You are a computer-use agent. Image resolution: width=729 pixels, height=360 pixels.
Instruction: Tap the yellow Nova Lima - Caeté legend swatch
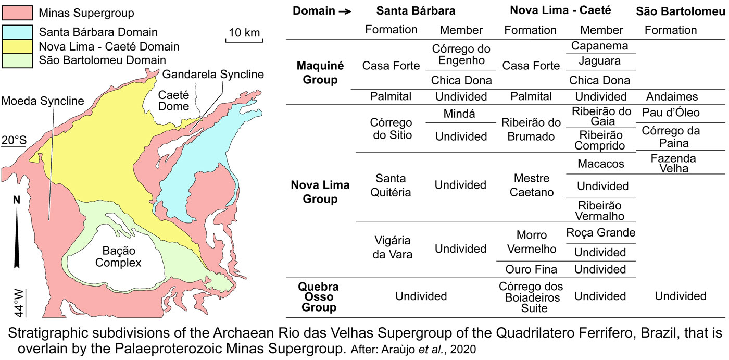tap(17, 47)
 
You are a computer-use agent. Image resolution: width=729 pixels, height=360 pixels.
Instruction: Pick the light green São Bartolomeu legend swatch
tap(17, 60)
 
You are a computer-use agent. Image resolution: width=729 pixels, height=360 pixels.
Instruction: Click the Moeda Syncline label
tap(43, 101)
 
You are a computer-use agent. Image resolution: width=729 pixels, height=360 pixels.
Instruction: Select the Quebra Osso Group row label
tap(318, 297)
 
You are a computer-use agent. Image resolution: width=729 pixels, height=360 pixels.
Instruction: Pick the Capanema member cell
tap(600, 46)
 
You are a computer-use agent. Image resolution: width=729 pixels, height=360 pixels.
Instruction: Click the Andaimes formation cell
tap(670, 96)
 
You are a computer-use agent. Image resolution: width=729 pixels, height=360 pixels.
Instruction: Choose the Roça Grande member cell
tap(600, 233)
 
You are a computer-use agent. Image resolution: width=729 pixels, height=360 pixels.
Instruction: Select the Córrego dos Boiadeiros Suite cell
tap(531, 297)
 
